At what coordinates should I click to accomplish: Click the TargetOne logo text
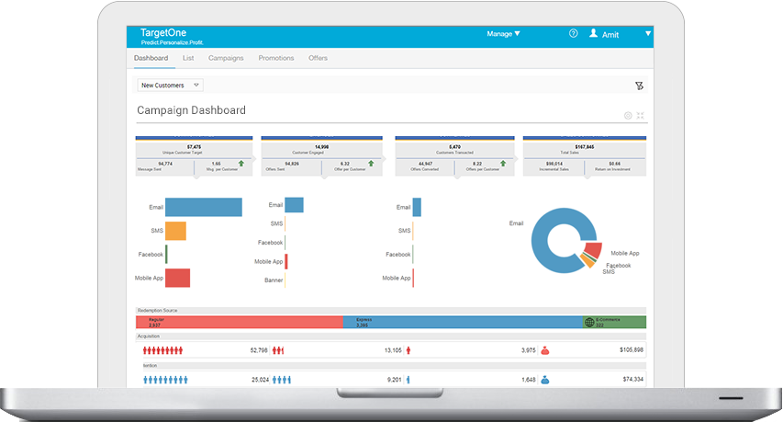pos(159,32)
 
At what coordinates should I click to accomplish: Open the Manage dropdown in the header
pos(503,34)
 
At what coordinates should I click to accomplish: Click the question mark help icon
pos(574,34)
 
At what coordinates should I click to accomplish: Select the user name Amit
pos(610,35)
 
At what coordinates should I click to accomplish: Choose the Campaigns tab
pos(226,58)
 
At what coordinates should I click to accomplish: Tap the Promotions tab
pos(276,58)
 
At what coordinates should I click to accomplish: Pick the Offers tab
pos(318,58)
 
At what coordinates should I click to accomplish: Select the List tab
pos(188,58)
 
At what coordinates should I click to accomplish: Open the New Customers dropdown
pos(170,86)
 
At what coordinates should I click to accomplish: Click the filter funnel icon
pos(639,86)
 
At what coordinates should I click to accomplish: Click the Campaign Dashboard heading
pos(191,110)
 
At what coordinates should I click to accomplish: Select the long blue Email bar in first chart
pos(204,208)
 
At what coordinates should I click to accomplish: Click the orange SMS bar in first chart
pos(175,231)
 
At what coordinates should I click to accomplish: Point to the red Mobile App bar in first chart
pos(177,278)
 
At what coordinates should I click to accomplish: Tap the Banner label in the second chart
pos(274,279)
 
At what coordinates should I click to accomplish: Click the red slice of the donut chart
pos(592,250)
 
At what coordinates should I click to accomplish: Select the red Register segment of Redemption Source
pos(240,322)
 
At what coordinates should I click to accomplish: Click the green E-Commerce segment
pos(615,322)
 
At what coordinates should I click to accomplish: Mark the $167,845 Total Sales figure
pos(584,147)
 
